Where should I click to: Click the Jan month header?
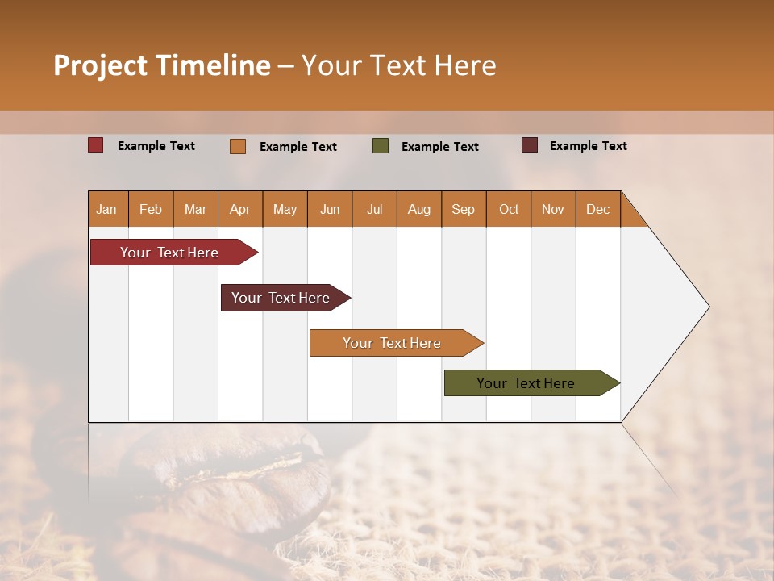(107, 209)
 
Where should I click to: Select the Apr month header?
(240, 209)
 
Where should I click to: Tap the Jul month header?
(375, 209)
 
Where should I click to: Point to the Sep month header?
(464, 209)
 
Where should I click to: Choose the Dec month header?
(598, 209)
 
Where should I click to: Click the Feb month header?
(151, 209)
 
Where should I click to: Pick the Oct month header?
(509, 209)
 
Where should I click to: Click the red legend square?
(96, 145)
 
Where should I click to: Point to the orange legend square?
(238, 146)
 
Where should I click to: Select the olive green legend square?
(381, 146)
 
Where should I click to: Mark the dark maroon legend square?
(530, 145)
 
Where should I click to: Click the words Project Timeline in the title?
(162, 65)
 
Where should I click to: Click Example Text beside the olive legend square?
(440, 147)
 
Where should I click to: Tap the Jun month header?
(330, 209)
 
